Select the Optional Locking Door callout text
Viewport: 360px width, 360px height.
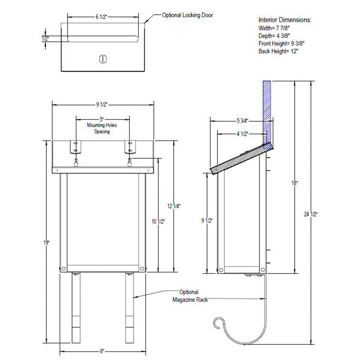(187, 15)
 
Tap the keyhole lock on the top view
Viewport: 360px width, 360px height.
(102, 59)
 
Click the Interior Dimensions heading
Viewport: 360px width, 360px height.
(285, 21)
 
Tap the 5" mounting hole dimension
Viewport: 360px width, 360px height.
(102, 118)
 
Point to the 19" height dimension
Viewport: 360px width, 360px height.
(46, 242)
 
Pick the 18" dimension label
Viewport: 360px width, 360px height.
(297, 183)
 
